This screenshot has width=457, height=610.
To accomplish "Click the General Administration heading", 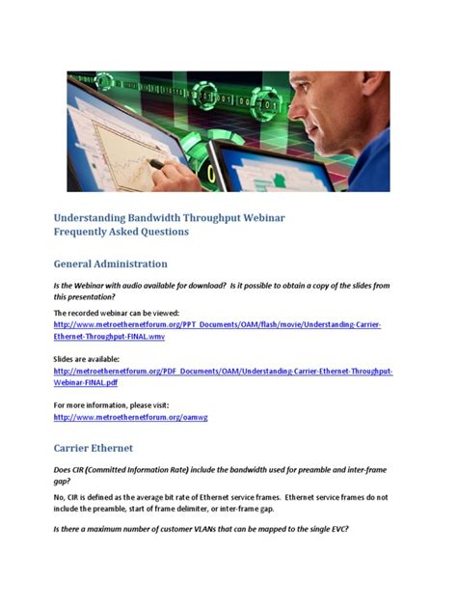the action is pos(110,263).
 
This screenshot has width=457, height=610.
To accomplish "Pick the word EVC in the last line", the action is pos(335,528).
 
